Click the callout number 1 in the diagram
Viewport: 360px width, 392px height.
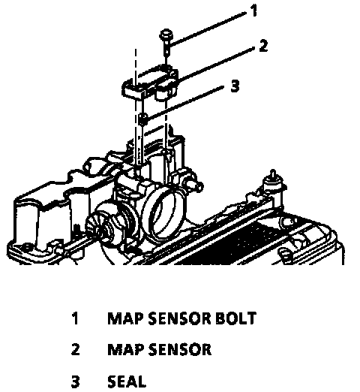(253, 11)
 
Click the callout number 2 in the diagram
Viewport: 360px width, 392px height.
(262, 46)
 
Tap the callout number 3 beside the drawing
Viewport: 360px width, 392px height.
(235, 86)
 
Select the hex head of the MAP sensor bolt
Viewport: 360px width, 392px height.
(166, 35)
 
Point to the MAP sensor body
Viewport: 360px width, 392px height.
(151, 82)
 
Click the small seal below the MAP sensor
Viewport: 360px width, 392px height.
(142, 119)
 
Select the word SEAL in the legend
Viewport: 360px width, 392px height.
(127, 381)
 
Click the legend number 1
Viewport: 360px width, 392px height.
(75, 318)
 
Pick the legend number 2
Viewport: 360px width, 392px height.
(75, 349)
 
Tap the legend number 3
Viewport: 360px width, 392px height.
(75, 381)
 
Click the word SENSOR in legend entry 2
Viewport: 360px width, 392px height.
(180, 349)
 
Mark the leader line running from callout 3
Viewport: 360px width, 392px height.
(184, 103)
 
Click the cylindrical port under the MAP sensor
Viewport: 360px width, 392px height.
(163, 92)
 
